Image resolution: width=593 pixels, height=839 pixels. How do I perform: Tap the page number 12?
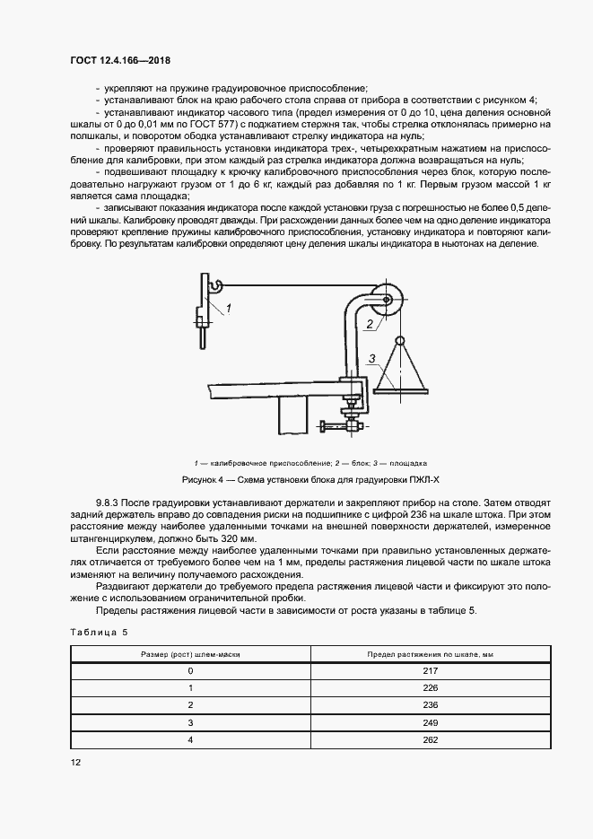(75, 762)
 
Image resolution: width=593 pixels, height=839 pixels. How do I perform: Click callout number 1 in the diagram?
(229, 308)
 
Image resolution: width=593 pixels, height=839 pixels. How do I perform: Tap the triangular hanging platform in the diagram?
(402, 368)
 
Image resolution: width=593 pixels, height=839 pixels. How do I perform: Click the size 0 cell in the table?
(190, 670)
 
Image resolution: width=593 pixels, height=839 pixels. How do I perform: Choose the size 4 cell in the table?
(190, 739)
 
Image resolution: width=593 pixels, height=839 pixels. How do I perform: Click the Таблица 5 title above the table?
(99, 632)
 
